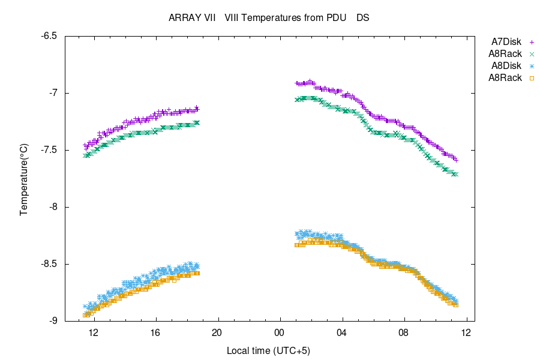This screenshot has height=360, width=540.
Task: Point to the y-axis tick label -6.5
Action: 49,36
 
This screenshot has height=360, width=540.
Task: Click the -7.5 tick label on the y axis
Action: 49,150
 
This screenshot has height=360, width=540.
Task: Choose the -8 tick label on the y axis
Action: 53,207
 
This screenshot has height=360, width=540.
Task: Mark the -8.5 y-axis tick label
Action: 49,264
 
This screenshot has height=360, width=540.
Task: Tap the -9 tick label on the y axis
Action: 53,321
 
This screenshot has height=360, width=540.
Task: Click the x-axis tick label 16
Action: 155,332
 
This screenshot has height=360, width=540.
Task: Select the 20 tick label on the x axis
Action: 217,332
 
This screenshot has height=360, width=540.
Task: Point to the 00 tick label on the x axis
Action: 280,332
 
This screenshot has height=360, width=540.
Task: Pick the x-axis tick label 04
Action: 341,332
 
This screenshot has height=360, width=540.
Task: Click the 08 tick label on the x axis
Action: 404,332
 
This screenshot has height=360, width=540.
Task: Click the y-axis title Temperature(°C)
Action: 24,179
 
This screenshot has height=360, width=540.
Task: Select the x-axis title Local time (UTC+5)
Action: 268,350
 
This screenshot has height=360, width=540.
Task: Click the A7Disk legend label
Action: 506,42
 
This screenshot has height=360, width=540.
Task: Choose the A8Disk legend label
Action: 506,65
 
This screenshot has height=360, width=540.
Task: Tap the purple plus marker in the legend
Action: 531,42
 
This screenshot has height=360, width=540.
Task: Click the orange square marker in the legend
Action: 531,77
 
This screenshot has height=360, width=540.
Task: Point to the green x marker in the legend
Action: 531,54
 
